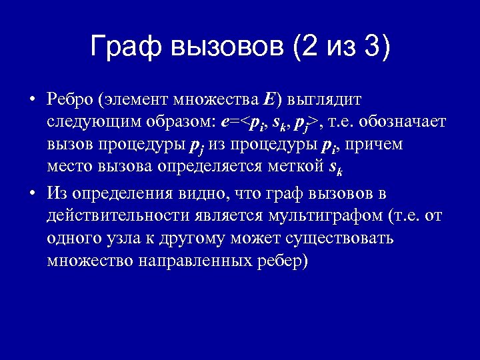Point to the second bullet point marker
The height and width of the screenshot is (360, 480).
pos(31,194)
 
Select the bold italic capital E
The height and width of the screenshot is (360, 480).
pos(269,100)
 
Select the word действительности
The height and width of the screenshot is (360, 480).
pos(116,216)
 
